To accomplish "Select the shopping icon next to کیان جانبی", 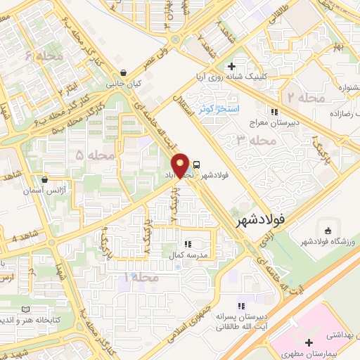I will click(x=124, y=72).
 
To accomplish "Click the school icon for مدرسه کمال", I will click(x=188, y=243).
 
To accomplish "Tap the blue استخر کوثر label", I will click(x=219, y=109).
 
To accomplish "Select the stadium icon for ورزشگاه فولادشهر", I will click(x=327, y=231).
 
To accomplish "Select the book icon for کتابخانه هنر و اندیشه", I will click(x=26, y=309).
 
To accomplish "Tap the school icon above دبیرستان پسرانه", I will click(x=240, y=307).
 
